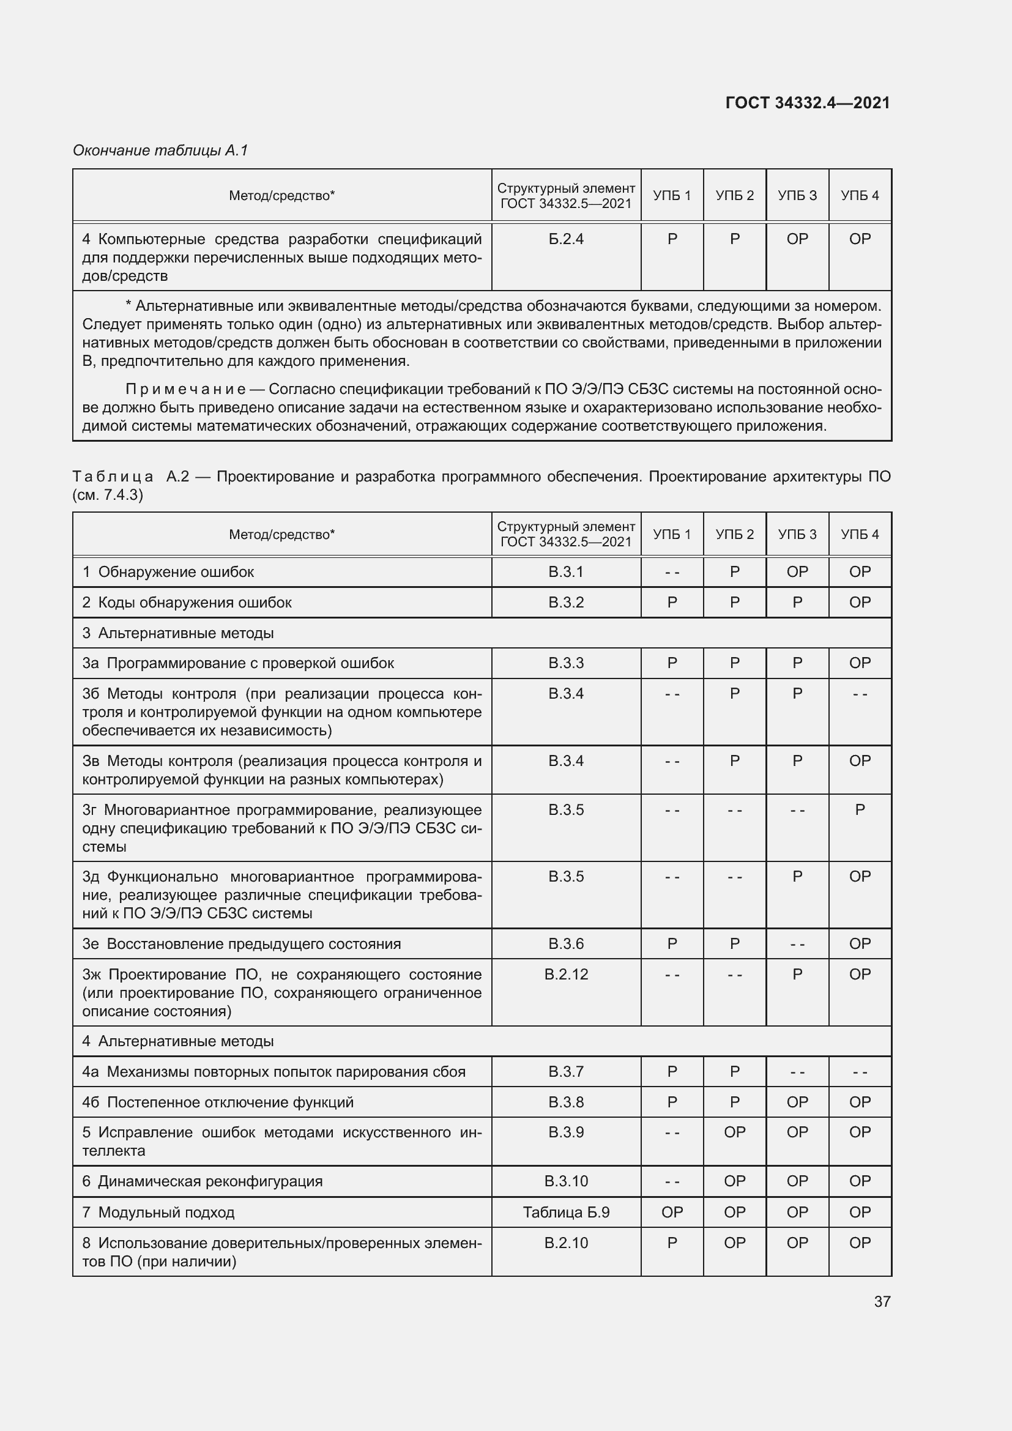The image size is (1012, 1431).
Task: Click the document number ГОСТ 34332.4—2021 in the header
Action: pyautogui.click(x=808, y=103)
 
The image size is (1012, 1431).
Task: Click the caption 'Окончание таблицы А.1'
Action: pyautogui.click(x=160, y=151)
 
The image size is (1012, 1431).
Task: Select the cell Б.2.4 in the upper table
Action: pyautogui.click(x=566, y=239)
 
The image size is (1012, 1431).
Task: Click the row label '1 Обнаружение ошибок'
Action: pyautogui.click(x=168, y=571)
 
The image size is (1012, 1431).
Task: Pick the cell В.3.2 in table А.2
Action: pyautogui.click(x=566, y=602)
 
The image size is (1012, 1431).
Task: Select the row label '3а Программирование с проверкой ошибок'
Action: pyautogui.click(x=238, y=663)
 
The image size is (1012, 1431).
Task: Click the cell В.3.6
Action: pyautogui.click(x=566, y=943)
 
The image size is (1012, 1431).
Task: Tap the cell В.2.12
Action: pyautogui.click(x=566, y=974)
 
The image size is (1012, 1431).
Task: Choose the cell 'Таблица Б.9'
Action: pyautogui.click(x=566, y=1212)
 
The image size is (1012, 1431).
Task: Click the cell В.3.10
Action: pyautogui.click(x=566, y=1181)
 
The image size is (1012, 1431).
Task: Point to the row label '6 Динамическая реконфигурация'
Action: pyautogui.click(x=203, y=1181)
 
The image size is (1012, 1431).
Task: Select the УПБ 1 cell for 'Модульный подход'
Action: pyautogui.click(x=672, y=1212)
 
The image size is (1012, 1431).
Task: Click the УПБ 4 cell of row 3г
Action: pyautogui.click(x=860, y=809)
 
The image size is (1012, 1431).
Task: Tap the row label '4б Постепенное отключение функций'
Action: pyautogui.click(x=218, y=1102)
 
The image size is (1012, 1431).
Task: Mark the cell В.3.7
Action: pyautogui.click(x=566, y=1071)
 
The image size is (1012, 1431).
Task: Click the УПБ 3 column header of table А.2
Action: pyautogui.click(x=797, y=534)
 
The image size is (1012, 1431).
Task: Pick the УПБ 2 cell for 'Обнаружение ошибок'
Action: pyautogui.click(x=735, y=571)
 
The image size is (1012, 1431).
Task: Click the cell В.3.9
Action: pyautogui.click(x=566, y=1132)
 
